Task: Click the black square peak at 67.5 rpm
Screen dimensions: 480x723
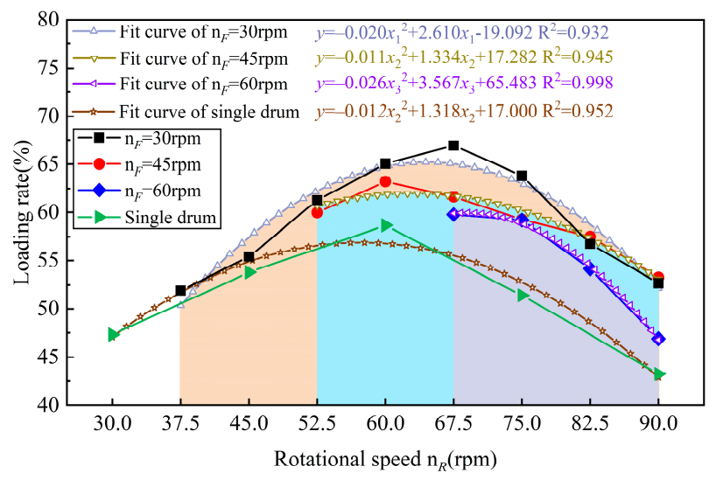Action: [453, 145]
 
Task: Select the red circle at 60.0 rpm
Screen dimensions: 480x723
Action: [385, 181]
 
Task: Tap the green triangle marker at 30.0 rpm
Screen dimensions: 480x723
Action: [113, 334]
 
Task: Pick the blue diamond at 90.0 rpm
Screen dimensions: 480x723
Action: [658, 338]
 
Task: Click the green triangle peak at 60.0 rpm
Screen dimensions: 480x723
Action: [386, 226]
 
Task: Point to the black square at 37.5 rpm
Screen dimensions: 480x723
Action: [180, 290]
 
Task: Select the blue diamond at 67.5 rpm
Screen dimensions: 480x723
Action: [453, 213]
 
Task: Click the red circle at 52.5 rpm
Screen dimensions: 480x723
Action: [317, 212]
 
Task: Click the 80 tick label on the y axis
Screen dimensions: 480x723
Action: [49, 19]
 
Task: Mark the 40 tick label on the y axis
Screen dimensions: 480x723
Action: [49, 406]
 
